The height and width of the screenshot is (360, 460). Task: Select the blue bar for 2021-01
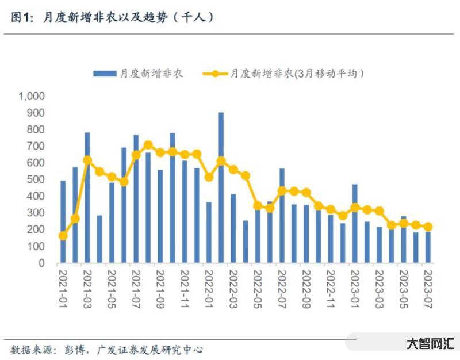[63, 222]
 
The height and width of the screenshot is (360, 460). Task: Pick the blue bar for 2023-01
[355, 224]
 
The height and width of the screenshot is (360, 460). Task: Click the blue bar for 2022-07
[282, 216]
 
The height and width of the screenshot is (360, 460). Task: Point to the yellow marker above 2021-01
[63, 236]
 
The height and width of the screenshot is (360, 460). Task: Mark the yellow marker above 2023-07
[428, 227]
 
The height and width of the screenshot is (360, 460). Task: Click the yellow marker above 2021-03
[87, 160]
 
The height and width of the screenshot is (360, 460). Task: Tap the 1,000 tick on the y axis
[31, 96]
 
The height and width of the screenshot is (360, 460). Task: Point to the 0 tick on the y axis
[42, 263]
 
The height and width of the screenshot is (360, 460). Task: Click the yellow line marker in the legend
[214, 74]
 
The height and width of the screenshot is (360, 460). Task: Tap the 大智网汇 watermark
[430, 344]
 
